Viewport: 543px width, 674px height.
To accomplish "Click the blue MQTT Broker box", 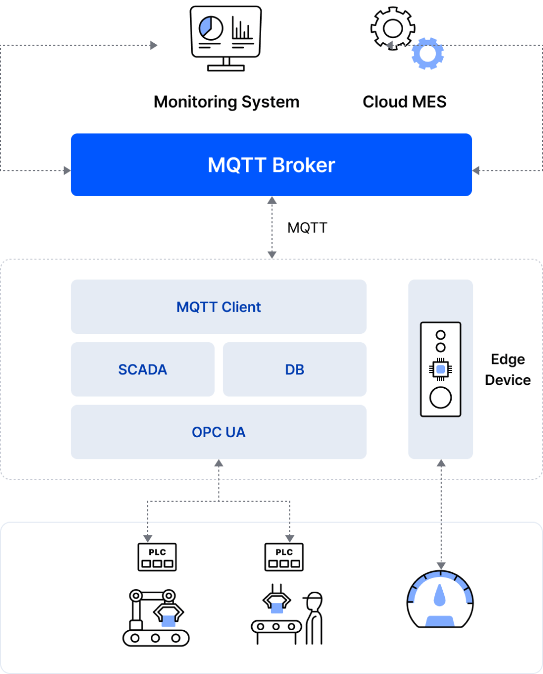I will click(x=271, y=165).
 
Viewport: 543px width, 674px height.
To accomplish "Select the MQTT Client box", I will click(x=218, y=307).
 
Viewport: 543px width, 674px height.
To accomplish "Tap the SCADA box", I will click(x=142, y=370).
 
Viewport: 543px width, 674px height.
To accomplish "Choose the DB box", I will click(x=294, y=370).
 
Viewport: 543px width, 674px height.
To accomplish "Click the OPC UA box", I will click(x=218, y=432).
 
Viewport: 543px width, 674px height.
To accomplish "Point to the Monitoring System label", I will click(x=226, y=102).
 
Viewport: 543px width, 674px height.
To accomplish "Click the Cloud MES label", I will click(x=404, y=102).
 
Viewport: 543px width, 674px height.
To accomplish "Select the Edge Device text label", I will click(x=508, y=370).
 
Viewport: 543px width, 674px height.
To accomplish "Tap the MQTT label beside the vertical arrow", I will click(x=307, y=228).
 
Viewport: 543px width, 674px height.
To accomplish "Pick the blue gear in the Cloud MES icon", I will click(x=427, y=54).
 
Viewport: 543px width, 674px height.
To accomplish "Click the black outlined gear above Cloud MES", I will click(x=393, y=28).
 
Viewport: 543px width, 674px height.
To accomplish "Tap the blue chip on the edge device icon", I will click(x=441, y=369).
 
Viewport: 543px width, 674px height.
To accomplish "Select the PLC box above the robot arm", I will click(x=157, y=557).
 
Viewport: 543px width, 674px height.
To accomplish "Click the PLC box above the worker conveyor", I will click(x=284, y=557).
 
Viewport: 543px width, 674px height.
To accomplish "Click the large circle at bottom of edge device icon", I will click(x=441, y=398).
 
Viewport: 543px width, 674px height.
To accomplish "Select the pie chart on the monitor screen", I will click(x=211, y=27).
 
